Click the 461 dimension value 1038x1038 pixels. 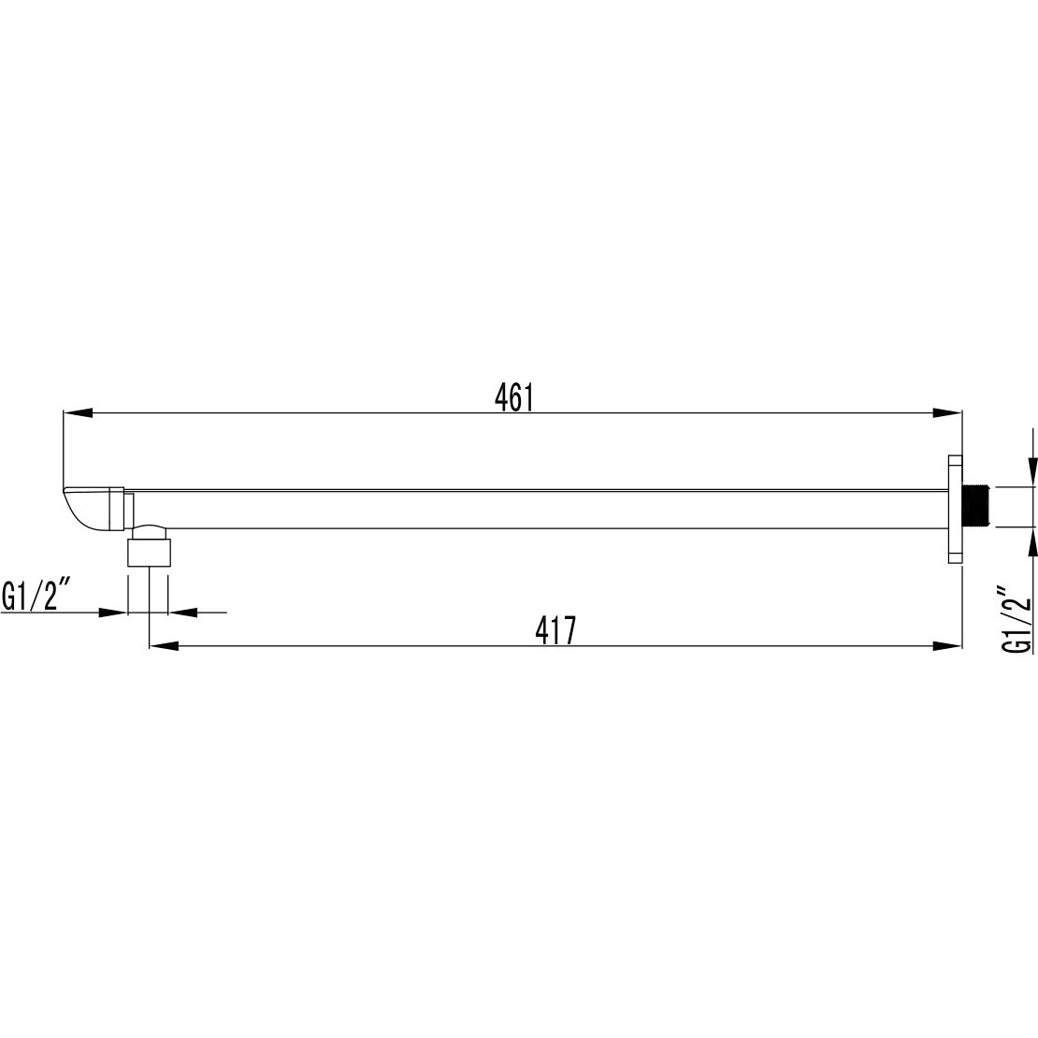coord(513,397)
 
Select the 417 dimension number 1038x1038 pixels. coord(556,630)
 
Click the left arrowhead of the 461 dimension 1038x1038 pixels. coord(77,413)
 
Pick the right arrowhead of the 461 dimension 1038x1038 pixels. coord(946,413)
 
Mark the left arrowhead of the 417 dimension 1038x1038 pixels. coord(165,645)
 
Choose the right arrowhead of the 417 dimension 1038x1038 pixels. coord(946,645)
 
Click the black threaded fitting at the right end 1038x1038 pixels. coord(975,507)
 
